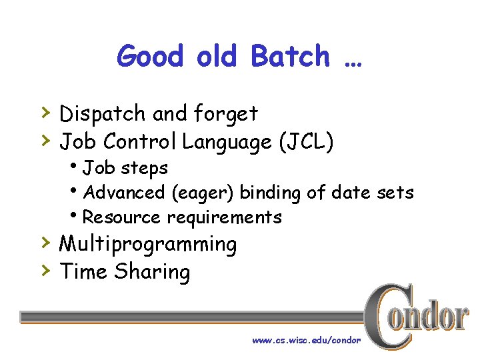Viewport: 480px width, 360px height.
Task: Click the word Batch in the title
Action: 290,56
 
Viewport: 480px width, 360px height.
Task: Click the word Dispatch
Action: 103,115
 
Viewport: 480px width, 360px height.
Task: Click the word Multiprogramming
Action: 148,245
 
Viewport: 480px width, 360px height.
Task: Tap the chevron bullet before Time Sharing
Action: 44,269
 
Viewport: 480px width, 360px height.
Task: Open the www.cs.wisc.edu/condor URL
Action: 306,340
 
